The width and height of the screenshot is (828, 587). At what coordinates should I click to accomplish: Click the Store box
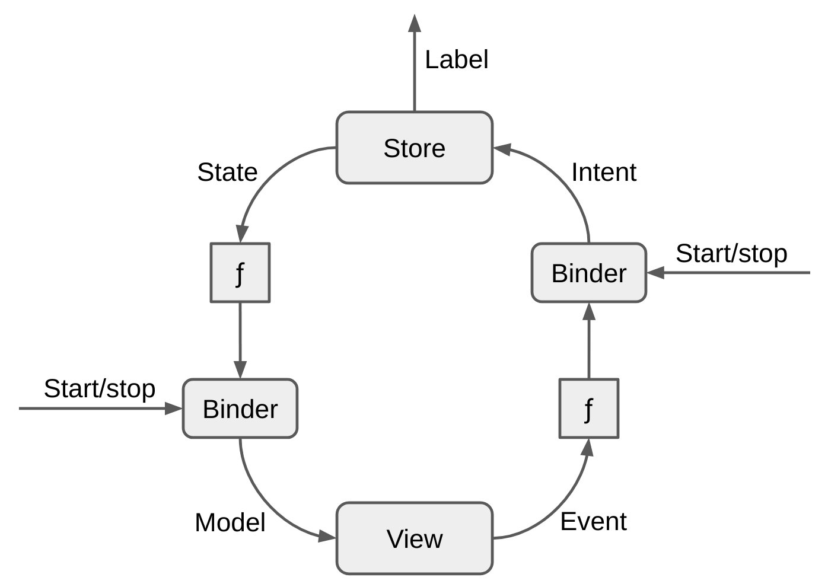[x=414, y=148]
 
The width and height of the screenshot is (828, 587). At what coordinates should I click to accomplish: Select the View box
[x=414, y=538]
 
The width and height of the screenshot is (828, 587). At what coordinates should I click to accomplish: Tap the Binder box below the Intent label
[x=588, y=273]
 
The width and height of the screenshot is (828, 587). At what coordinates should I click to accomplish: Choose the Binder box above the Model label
[x=240, y=409]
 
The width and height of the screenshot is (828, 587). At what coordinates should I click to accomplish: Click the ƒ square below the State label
[x=240, y=273]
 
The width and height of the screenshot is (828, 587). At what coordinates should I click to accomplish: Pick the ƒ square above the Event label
[x=588, y=409]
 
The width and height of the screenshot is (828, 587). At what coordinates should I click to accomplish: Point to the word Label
[x=456, y=60]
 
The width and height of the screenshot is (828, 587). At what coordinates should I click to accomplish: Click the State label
[x=227, y=173]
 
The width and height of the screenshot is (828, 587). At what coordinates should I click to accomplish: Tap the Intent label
[x=603, y=173]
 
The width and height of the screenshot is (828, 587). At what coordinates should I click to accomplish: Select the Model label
[x=230, y=522]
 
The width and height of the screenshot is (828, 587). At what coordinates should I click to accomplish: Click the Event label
[x=593, y=522]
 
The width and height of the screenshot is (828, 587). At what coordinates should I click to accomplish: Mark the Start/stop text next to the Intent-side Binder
[x=731, y=254]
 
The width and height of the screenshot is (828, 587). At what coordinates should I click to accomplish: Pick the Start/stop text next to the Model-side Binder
[x=100, y=389]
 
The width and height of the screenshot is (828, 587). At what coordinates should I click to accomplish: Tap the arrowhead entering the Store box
[x=502, y=149]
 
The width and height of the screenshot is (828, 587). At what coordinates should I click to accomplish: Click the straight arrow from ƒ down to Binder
[x=240, y=338]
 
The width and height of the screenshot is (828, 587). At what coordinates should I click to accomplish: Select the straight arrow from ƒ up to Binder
[x=588, y=344]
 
